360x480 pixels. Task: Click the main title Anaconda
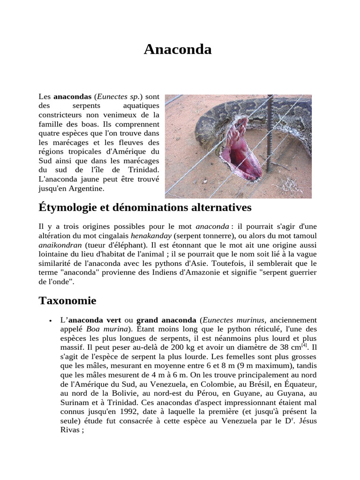pyautogui.click(x=178, y=49)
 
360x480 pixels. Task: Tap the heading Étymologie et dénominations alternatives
pyautogui.click(x=145, y=207)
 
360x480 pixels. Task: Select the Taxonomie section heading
pyautogui.click(x=67, y=300)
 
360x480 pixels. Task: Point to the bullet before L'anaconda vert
pyautogui.click(x=50, y=321)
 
